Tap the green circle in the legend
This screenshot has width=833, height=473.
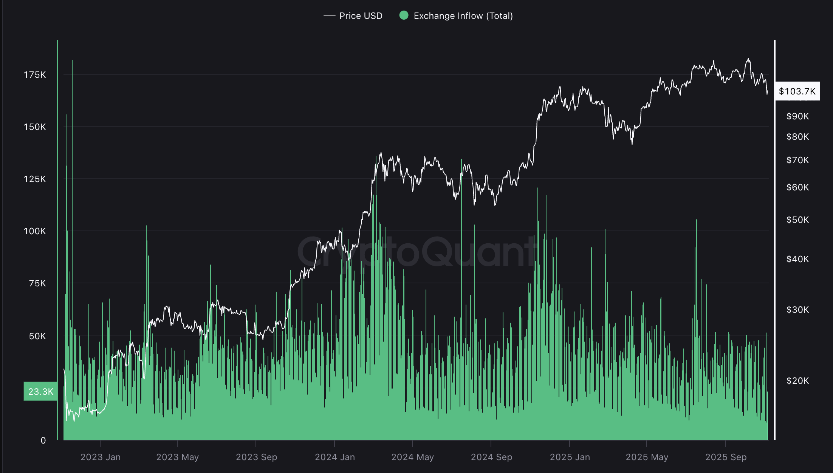click(x=404, y=15)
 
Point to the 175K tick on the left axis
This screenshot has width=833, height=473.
click(x=35, y=75)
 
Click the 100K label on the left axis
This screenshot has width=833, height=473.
click(x=35, y=231)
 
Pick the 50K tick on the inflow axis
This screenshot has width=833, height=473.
click(x=37, y=336)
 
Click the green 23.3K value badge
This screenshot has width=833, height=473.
click(x=40, y=391)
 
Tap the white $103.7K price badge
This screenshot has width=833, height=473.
click(x=797, y=91)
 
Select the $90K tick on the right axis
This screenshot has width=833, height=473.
click(x=797, y=116)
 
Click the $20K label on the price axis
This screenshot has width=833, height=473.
click(x=797, y=381)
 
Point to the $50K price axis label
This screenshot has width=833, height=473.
click(x=797, y=220)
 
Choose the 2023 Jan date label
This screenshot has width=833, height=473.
click(x=101, y=457)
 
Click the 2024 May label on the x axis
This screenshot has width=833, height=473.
click(x=412, y=457)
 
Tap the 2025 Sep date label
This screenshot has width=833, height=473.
click(x=726, y=457)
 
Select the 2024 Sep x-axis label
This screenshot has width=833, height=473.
click(x=491, y=457)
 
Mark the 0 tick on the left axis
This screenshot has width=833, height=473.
click(x=43, y=441)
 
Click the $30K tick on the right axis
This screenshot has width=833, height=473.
click(x=797, y=310)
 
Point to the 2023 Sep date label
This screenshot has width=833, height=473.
click(x=256, y=457)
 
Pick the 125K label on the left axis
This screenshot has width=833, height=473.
click(x=35, y=179)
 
